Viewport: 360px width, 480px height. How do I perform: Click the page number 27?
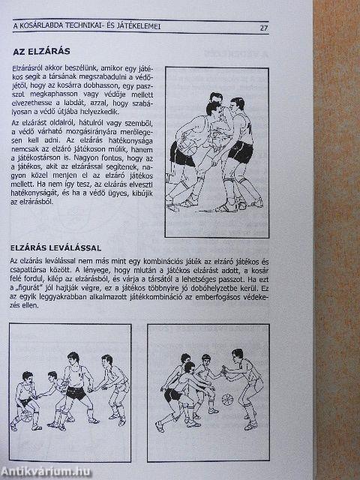(x=264, y=28)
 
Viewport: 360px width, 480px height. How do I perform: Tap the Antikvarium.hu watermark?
(x=46, y=470)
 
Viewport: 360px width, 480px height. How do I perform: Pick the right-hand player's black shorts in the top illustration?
(x=240, y=152)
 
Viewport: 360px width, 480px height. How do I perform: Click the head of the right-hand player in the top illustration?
(x=237, y=103)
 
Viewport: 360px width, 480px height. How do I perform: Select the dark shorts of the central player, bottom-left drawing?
(x=75, y=392)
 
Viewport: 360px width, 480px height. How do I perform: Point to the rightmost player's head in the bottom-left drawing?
(x=110, y=362)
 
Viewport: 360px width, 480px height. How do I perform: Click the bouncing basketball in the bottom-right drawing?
(x=226, y=399)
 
